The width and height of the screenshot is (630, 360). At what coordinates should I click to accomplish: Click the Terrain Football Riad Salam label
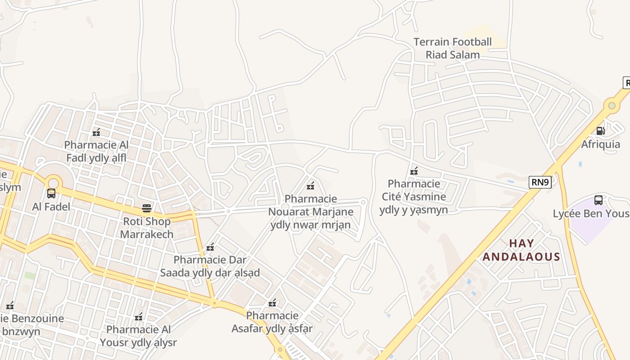pyautogui.click(x=453, y=49)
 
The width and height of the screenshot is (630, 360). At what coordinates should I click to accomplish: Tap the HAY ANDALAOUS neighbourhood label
pyautogui.click(x=521, y=250)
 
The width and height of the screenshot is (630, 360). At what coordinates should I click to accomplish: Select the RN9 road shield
pyautogui.click(x=540, y=182)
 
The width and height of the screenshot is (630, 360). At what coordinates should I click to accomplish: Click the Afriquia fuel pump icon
pyautogui.click(x=600, y=131)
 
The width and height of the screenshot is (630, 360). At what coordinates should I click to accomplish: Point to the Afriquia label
pyautogui.click(x=600, y=144)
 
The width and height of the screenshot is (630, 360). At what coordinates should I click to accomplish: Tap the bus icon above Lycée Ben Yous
pyautogui.click(x=598, y=200)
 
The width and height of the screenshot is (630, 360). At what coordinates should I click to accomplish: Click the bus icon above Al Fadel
pyautogui.click(x=51, y=193)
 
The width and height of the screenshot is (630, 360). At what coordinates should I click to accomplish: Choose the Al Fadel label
pyautogui.click(x=51, y=207)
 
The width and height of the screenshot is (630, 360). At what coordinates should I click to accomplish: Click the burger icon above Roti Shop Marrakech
pyautogui.click(x=146, y=208)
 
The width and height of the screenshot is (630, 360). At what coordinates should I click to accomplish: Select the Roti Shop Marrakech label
pyautogui.click(x=147, y=228)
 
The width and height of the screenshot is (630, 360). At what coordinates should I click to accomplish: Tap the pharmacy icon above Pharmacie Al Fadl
pyautogui.click(x=96, y=132)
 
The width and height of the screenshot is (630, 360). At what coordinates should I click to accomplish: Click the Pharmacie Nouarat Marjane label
pyautogui.click(x=310, y=212)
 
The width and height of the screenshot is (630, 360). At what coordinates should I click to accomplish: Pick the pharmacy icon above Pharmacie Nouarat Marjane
pyautogui.click(x=310, y=185)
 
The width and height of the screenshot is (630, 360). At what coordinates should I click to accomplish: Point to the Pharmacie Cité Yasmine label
pyautogui.click(x=414, y=197)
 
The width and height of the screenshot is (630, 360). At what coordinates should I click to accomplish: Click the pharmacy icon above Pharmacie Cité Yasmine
pyautogui.click(x=414, y=171)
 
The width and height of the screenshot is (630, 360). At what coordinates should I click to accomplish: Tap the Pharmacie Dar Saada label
pyautogui.click(x=210, y=266)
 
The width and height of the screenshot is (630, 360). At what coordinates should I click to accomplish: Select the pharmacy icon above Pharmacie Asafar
pyautogui.click(x=272, y=303)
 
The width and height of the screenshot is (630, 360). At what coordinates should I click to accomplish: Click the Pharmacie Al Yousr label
pyautogui.click(x=139, y=336)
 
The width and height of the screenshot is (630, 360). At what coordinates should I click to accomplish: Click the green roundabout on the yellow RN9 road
pyautogui.click(x=612, y=106)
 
